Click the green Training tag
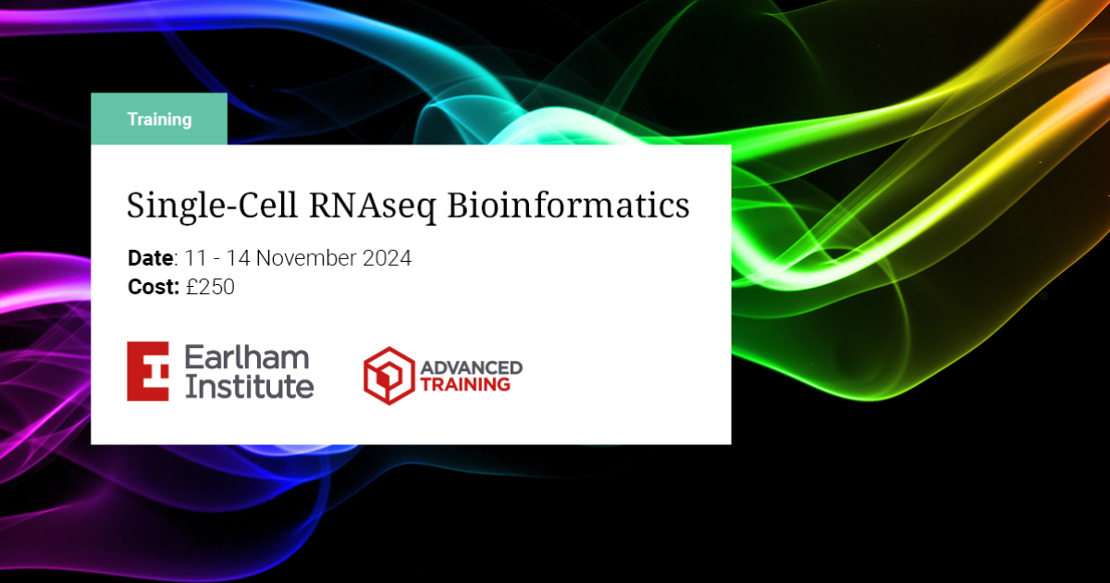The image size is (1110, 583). pyautogui.click(x=159, y=119)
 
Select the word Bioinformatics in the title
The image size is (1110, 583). pyautogui.click(x=569, y=205)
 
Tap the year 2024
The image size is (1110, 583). pyautogui.click(x=388, y=258)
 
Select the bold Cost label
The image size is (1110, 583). pyautogui.click(x=152, y=288)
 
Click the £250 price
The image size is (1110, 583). pyautogui.click(x=210, y=288)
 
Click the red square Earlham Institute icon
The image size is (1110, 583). pyautogui.click(x=148, y=371)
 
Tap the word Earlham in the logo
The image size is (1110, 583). pyautogui.click(x=247, y=358)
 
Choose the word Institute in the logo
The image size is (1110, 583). pyautogui.click(x=250, y=386)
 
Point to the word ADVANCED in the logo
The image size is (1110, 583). pyautogui.click(x=471, y=367)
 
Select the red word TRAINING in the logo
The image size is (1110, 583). pyautogui.click(x=465, y=384)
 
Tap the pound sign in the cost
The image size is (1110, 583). pyautogui.click(x=191, y=288)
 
